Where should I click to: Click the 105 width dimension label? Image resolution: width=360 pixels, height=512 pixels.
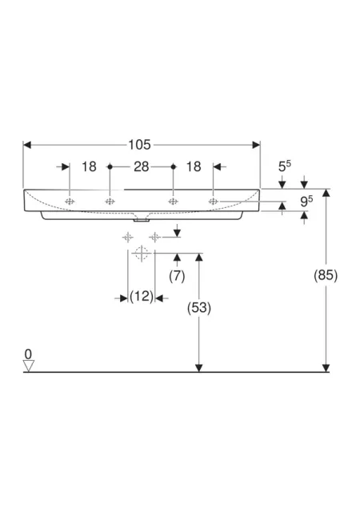(139, 145)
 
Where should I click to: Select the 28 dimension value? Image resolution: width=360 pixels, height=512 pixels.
(142, 167)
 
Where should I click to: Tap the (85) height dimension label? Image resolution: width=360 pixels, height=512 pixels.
(326, 275)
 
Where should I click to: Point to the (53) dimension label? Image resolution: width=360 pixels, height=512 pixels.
(199, 308)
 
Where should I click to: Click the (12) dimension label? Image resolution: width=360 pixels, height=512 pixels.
(142, 297)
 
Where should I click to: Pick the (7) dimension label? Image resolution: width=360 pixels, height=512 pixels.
(177, 276)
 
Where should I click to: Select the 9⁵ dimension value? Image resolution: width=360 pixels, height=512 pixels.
(306, 201)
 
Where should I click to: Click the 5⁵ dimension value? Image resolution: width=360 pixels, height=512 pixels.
(285, 166)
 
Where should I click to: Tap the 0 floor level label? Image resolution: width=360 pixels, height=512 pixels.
(29, 354)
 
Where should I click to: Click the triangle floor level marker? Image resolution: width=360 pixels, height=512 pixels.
(29, 366)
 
